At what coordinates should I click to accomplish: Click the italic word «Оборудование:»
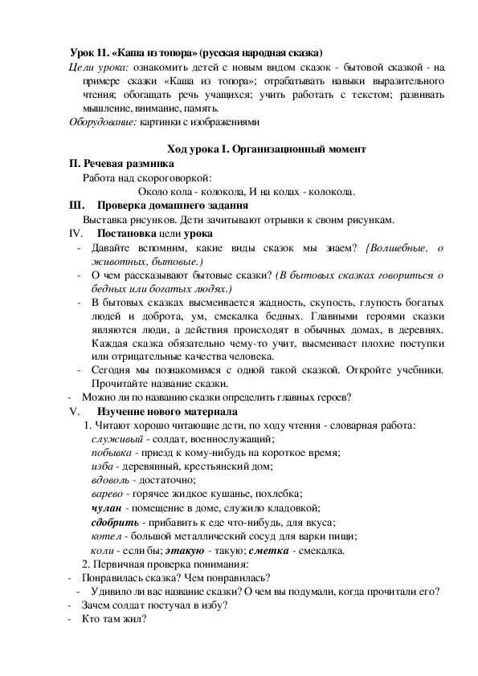[101, 122]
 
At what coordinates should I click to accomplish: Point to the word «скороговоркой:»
[181, 177]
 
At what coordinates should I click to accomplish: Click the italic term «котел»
[108, 536]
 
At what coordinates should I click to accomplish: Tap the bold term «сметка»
[272, 551]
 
